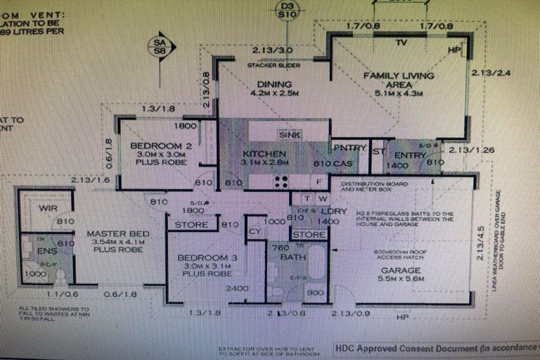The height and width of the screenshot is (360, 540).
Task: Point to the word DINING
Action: coord(264,85)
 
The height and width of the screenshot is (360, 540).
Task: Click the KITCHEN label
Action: coord(264,154)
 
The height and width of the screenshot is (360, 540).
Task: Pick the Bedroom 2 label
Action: coord(157,146)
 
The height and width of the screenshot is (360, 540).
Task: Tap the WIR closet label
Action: coord(49,208)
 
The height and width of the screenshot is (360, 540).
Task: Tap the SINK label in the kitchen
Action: coord(289,134)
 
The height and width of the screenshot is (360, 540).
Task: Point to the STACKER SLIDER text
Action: coord(274,65)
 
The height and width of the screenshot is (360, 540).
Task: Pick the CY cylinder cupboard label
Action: coord(255,231)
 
